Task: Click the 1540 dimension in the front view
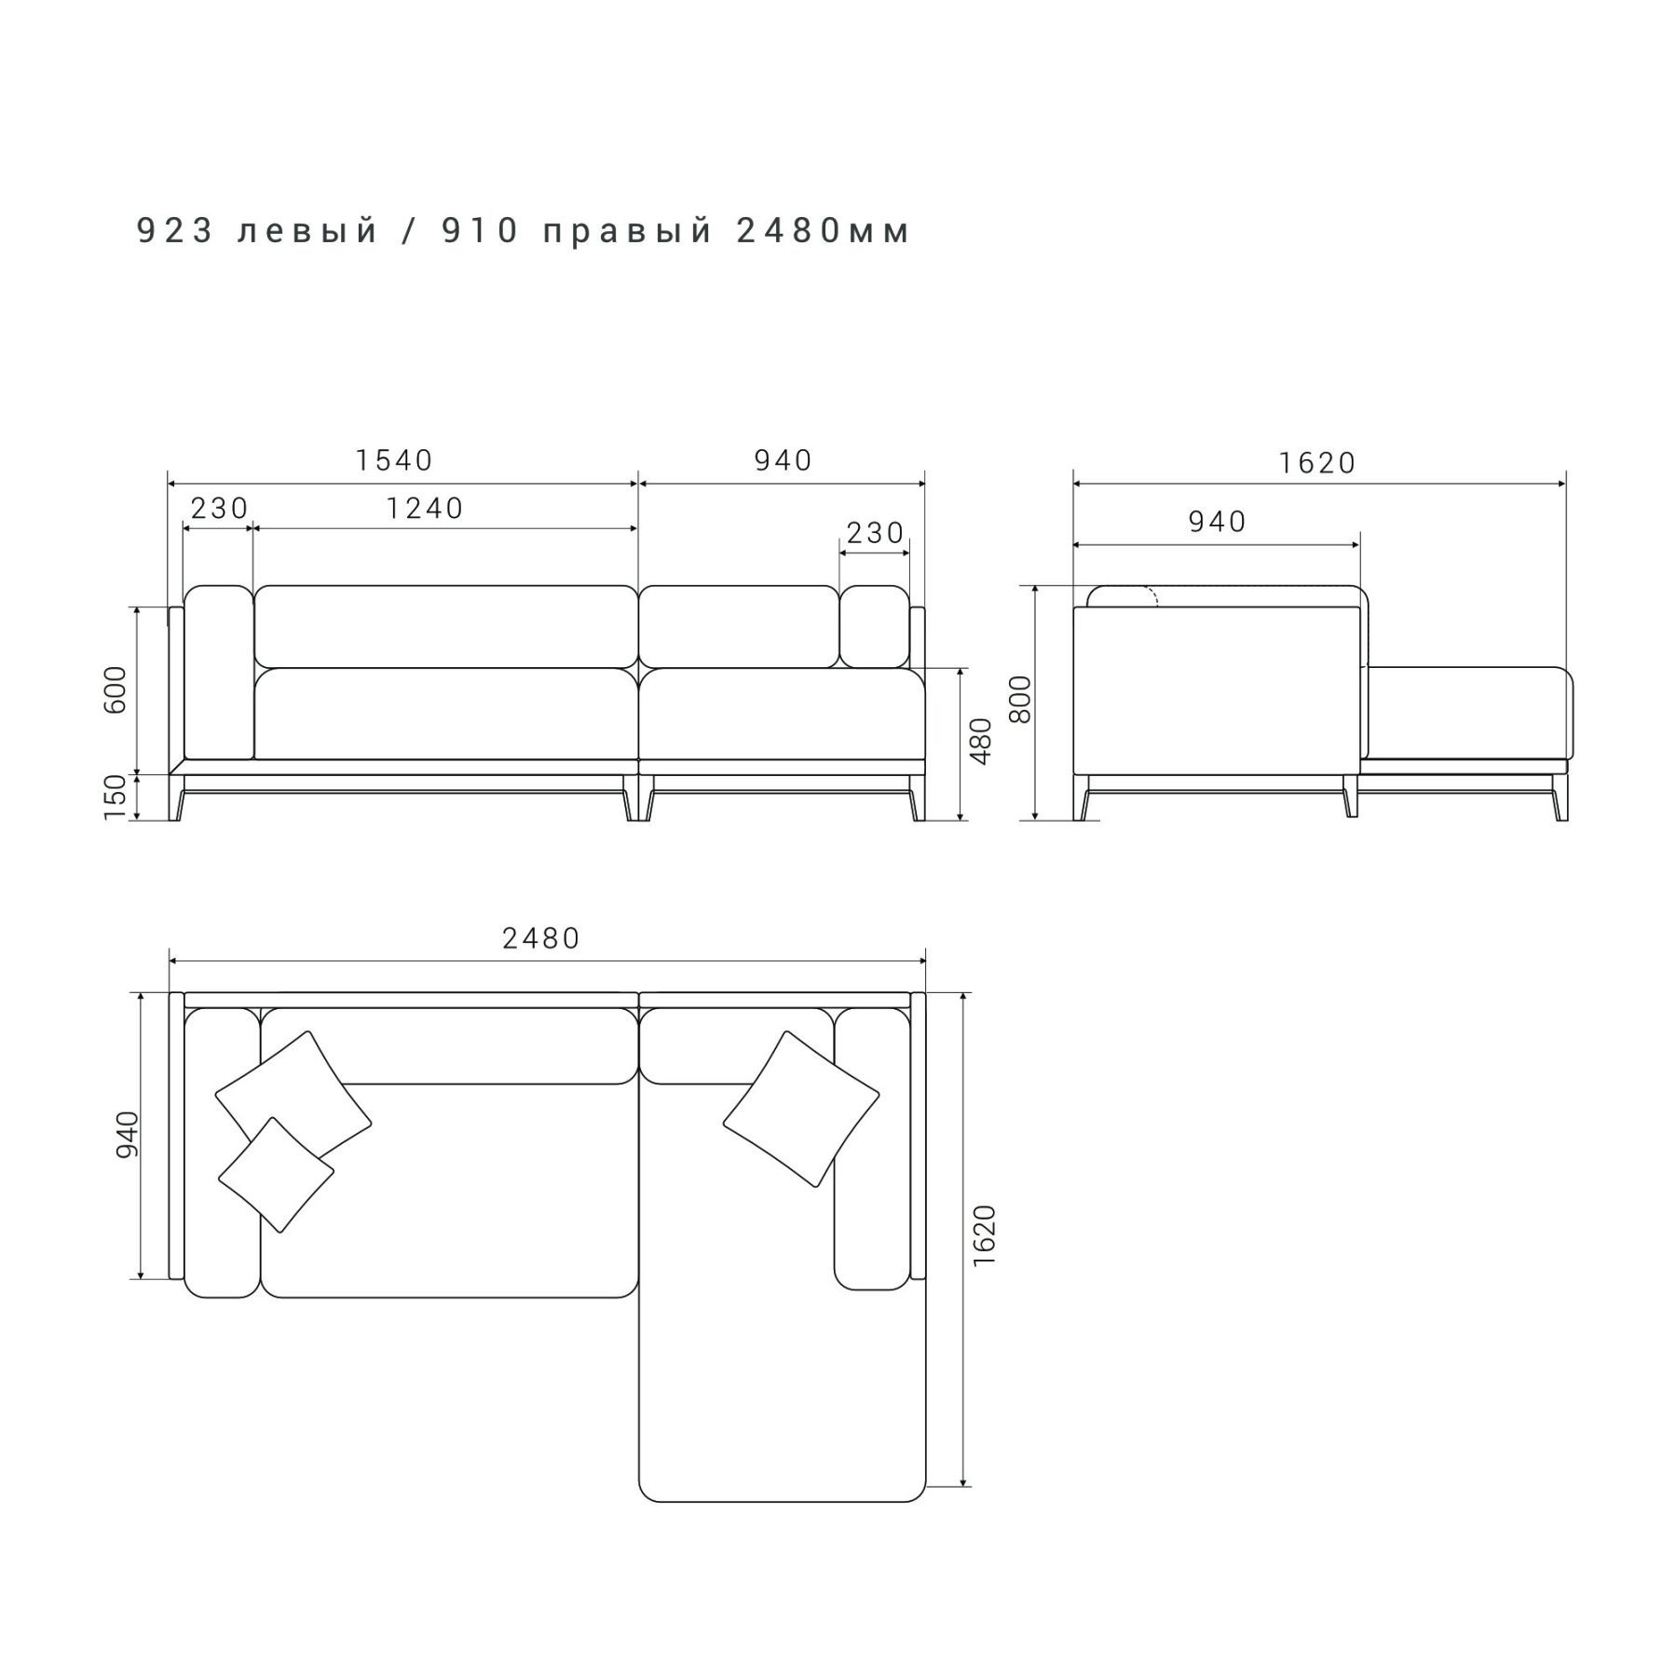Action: (x=394, y=460)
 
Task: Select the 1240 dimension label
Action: (x=425, y=508)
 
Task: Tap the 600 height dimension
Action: (x=116, y=689)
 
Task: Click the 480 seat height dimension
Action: (x=981, y=742)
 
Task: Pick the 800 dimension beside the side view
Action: (x=1021, y=699)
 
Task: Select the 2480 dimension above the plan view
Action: (x=541, y=938)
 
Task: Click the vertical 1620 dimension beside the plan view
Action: (x=984, y=1235)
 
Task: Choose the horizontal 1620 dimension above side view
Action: (x=1317, y=463)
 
